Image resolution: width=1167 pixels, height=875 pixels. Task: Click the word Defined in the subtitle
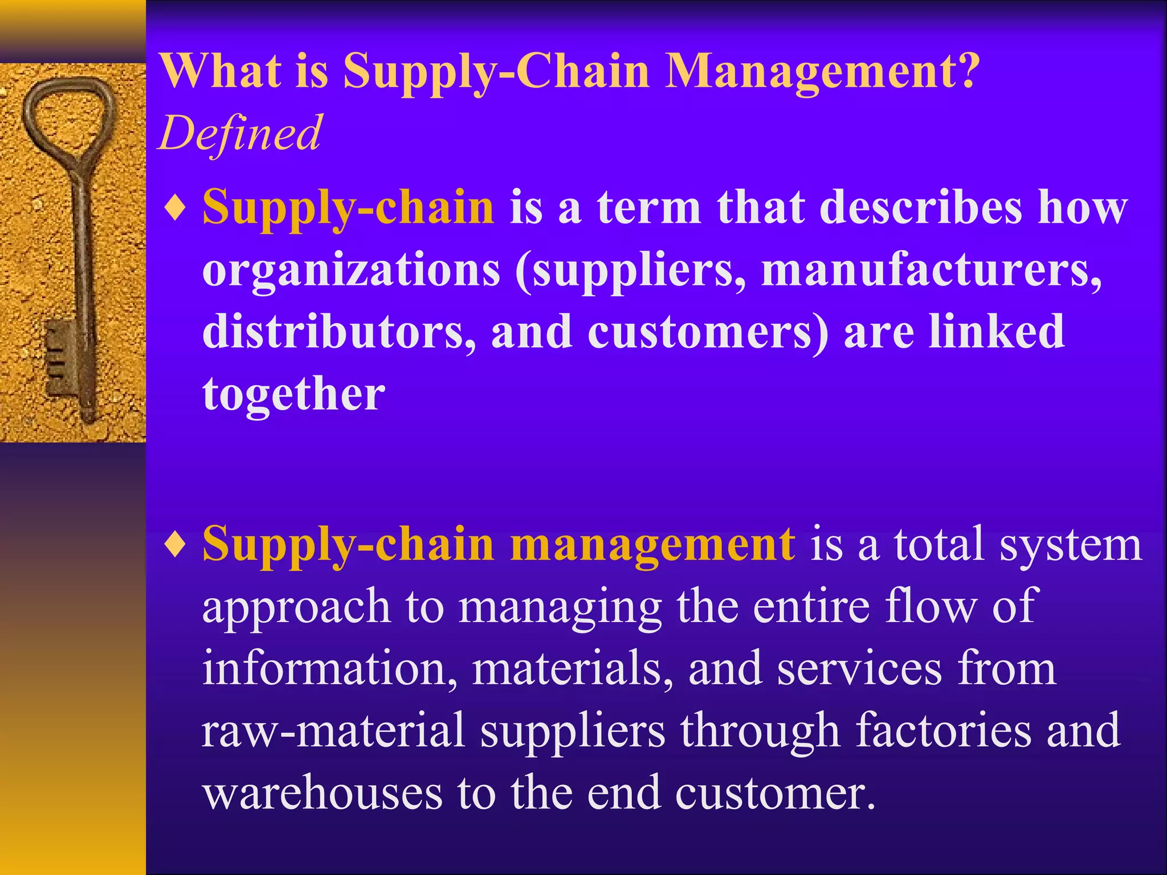(x=240, y=133)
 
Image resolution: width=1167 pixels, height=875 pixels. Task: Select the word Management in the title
(x=809, y=72)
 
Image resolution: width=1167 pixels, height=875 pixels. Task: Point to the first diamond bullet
(x=174, y=208)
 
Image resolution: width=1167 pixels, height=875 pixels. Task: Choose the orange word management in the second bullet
(x=652, y=545)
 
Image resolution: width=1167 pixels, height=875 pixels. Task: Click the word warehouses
(x=322, y=793)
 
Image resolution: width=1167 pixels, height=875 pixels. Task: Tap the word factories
(x=942, y=730)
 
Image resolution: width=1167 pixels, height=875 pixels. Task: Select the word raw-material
(x=333, y=731)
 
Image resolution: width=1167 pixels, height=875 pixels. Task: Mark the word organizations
(x=351, y=270)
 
